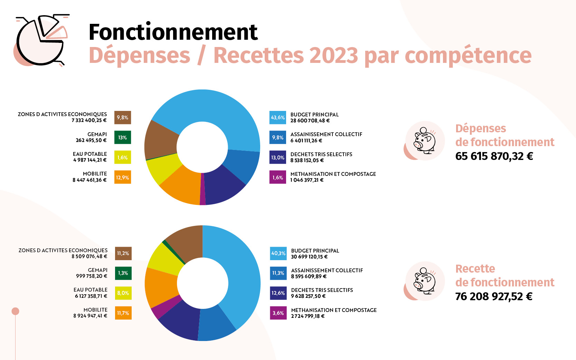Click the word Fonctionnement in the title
click(173, 32)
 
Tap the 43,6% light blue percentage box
click(278, 117)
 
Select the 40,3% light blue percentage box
click(278, 254)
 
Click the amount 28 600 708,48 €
click(310, 121)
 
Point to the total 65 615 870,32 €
click(494, 156)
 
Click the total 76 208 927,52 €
click(494, 296)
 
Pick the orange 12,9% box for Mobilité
click(123, 177)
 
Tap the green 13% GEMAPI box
click(123, 137)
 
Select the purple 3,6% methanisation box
click(278, 313)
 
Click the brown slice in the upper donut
click(161, 140)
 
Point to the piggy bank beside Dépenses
click(424, 141)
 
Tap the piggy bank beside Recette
click(424, 281)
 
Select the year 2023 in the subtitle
click(333, 56)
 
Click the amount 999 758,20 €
click(91, 276)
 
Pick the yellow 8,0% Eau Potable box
click(123, 293)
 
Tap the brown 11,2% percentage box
click(123, 254)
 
